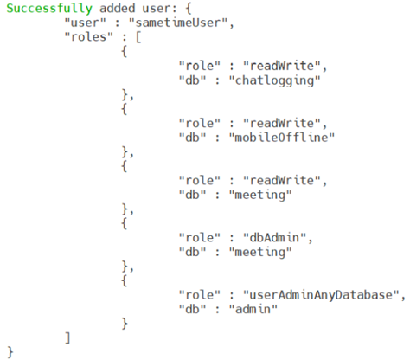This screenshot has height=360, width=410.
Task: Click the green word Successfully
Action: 49,9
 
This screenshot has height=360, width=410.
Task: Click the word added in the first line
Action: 118,8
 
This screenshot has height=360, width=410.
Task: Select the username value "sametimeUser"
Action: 178,22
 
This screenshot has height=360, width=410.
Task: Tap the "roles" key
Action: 89,36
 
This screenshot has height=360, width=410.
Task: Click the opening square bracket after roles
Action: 138,37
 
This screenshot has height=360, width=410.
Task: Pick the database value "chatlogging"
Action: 274,80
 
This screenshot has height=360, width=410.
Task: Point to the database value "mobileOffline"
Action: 282,138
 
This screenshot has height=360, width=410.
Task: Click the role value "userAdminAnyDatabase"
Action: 321,295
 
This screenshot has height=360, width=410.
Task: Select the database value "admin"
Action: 253,309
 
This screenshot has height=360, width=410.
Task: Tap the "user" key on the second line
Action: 85,22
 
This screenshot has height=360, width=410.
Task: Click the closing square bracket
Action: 67,338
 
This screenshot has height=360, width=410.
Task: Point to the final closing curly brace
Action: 10,352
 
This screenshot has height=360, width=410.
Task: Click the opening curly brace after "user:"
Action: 189,9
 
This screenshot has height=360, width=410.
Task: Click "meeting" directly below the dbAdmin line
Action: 260,253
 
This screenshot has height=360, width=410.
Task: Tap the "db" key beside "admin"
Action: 192,309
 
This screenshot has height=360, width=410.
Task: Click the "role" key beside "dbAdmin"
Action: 200,238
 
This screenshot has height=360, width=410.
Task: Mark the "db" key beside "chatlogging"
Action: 192,80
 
